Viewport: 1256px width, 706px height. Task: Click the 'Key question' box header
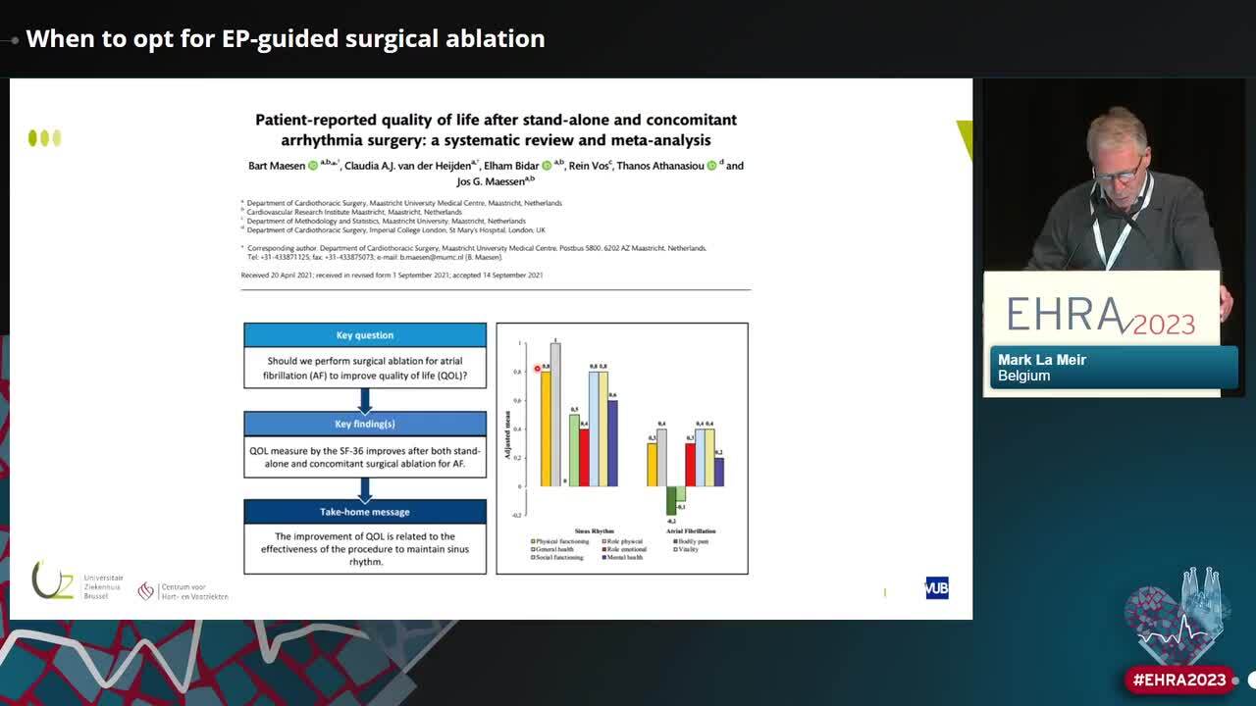(365, 335)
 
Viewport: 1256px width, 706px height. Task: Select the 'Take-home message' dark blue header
(365, 512)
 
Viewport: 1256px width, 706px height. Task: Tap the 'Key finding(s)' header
(365, 424)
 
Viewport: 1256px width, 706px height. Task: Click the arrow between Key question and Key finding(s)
(365, 400)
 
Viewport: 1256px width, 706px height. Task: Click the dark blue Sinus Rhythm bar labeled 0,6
(612, 442)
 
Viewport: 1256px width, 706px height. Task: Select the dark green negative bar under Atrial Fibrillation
(671, 500)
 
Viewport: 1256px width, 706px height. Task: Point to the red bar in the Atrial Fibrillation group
(690, 464)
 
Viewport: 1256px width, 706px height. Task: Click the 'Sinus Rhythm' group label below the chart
(595, 530)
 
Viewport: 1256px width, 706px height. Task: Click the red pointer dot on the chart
(538, 369)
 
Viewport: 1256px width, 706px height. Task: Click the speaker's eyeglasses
(1119, 173)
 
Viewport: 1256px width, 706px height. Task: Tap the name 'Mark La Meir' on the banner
(1042, 360)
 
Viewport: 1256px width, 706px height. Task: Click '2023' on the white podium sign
(1166, 324)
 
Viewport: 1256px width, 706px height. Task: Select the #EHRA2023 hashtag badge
(1179, 680)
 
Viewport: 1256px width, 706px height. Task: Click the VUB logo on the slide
(936, 588)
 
